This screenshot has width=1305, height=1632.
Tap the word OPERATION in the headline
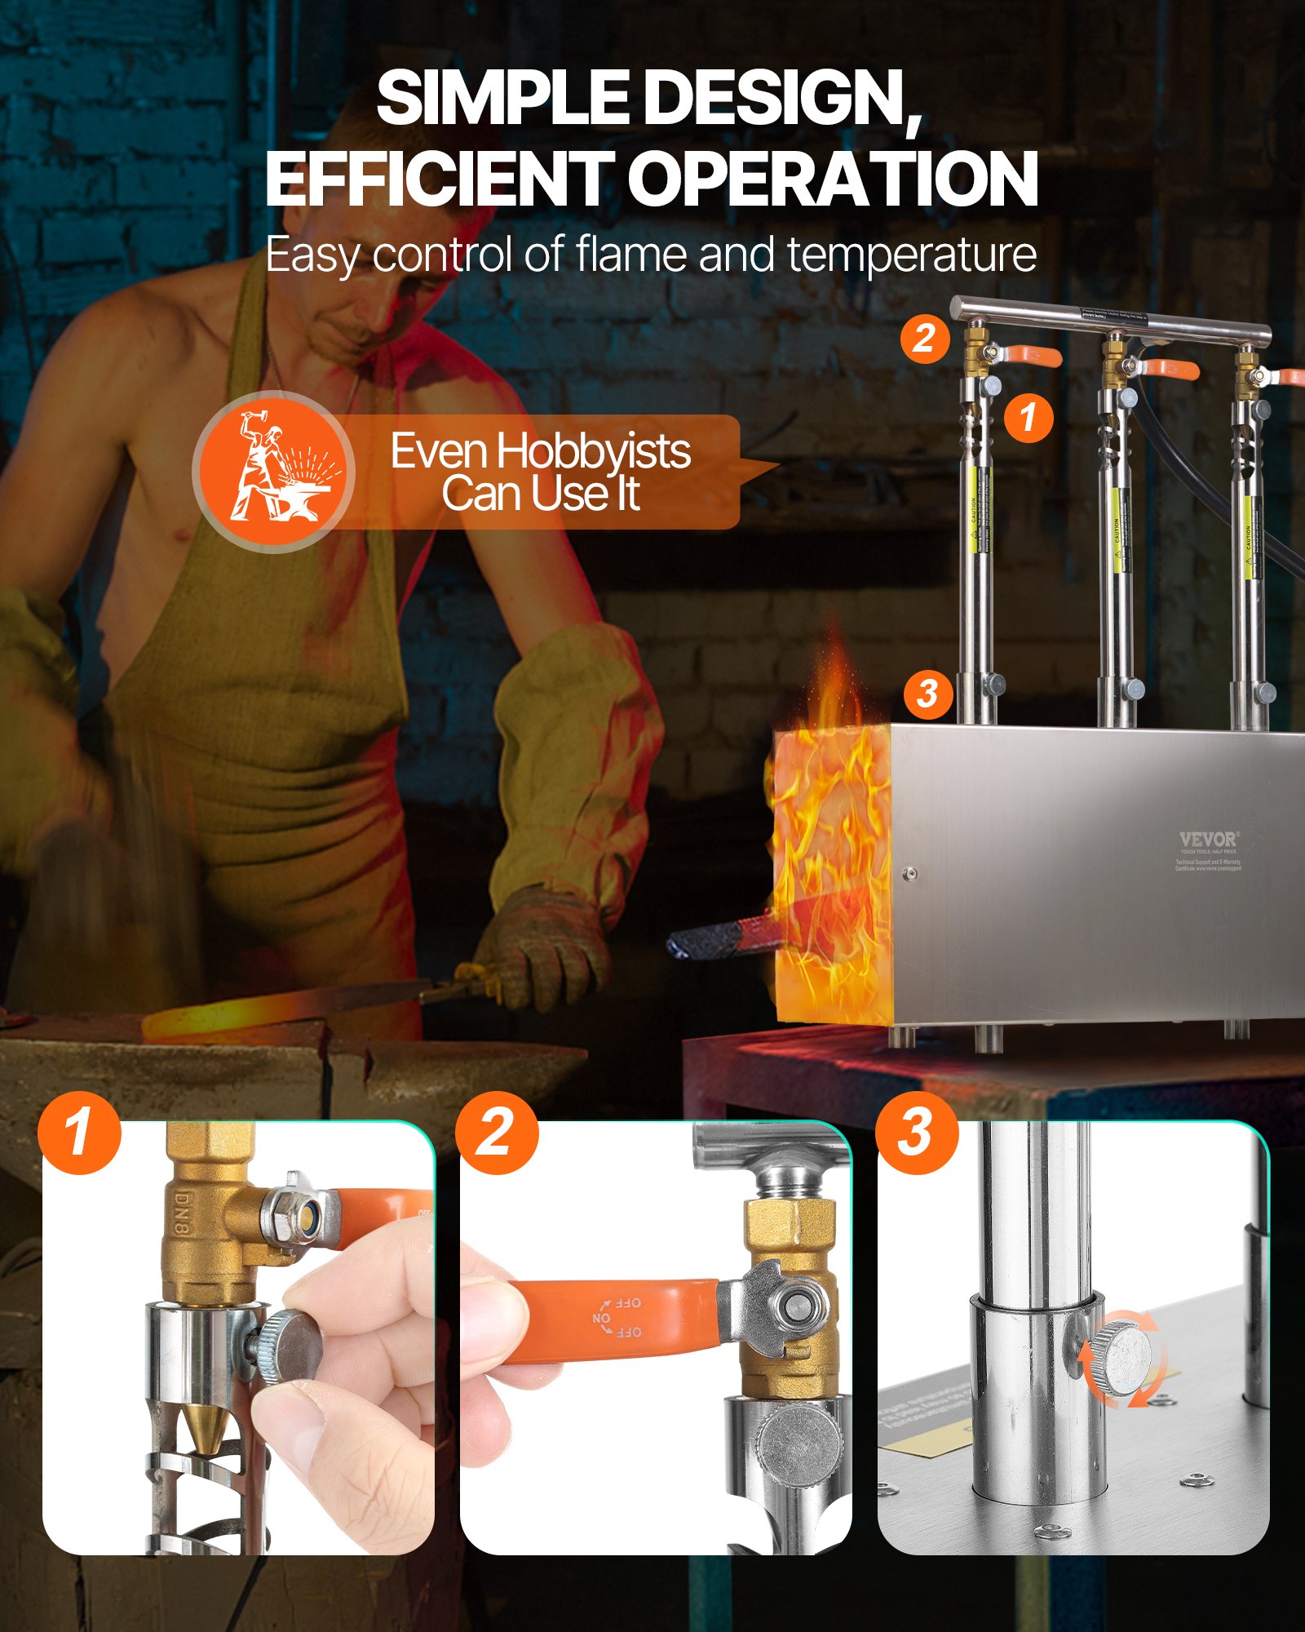pyautogui.click(x=832, y=180)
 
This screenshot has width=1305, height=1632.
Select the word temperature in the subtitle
pyautogui.click(x=911, y=255)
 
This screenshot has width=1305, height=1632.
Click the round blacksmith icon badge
pyautogui.click(x=273, y=472)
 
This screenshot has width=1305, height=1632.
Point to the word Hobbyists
pyautogui.click(x=594, y=451)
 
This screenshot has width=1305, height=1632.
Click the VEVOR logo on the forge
pyautogui.click(x=1209, y=839)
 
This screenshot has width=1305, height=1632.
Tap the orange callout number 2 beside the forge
pyautogui.click(x=924, y=338)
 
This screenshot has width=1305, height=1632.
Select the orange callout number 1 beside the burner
pyautogui.click(x=1028, y=417)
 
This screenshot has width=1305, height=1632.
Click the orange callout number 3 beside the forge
pyautogui.click(x=927, y=694)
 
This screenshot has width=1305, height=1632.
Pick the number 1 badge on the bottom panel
pyautogui.click(x=79, y=1133)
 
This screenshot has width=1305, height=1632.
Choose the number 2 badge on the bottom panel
pyautogui.click(x=496, y=1133)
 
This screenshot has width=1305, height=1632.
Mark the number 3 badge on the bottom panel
pyautogui.click(x=916, y=1133)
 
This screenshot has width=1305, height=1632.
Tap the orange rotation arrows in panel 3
pyautogui.click(x=1121, y=1359)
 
